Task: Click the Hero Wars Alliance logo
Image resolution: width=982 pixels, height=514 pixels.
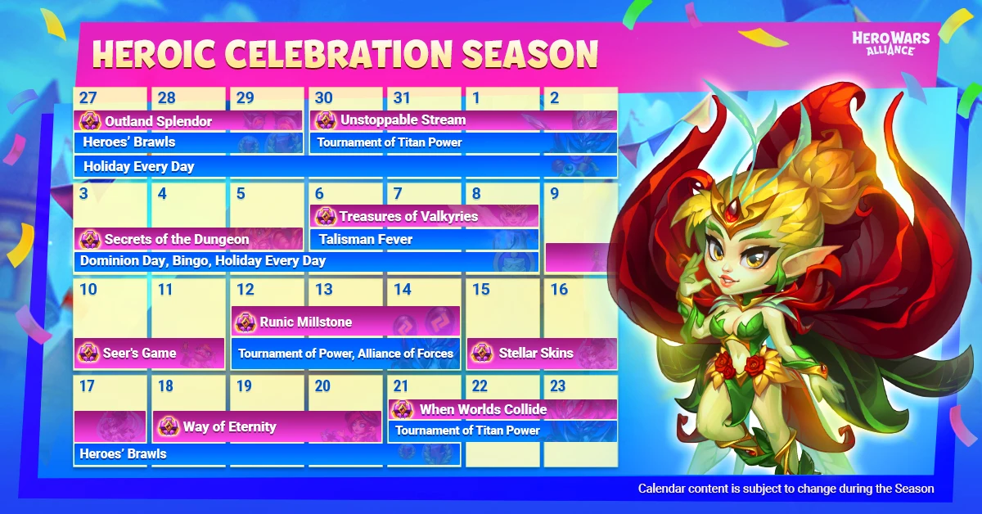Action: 891,43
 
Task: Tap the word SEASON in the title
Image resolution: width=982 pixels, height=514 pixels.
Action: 529,54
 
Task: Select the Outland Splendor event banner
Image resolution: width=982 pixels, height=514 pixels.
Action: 188,120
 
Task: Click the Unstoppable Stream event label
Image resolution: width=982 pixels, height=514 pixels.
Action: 463,120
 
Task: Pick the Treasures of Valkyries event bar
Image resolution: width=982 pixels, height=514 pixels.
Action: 424,216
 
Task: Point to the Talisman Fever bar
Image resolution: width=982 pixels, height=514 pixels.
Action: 424,239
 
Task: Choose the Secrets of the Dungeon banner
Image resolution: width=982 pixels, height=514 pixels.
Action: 188,239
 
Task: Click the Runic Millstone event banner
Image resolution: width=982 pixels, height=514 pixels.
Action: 345,322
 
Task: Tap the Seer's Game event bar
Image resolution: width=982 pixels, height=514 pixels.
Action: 150,353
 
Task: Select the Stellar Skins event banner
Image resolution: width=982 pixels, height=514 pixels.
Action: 542,353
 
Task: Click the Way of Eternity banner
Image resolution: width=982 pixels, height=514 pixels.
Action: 267,426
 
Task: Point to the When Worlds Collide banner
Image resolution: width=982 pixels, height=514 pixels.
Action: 502,409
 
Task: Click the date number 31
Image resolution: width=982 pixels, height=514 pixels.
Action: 402,97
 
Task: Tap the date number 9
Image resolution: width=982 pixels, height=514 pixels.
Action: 555,193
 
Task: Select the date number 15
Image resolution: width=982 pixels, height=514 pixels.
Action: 480,290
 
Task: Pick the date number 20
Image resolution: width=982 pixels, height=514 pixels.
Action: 322,386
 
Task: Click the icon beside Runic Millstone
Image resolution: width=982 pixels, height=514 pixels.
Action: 245,322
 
